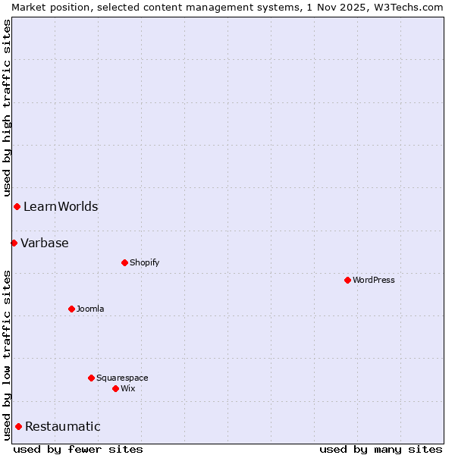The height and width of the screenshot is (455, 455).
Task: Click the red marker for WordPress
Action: click(x=347, y=280)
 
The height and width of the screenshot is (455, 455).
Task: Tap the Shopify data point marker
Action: click(x=124, y=262)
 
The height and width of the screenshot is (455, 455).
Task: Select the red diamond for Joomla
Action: click(x=71, y=309)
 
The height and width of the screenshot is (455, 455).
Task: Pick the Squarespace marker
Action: click(x=91, y=378)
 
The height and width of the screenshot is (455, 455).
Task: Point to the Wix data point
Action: click(x=115, y=388)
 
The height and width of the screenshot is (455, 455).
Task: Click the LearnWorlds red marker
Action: click(x=17, y=206)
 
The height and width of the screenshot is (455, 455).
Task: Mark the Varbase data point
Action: click(x=14, y=243)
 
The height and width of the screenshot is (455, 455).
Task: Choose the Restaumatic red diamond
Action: click(x=18, y=426)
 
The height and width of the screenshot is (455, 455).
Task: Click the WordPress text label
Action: click(x=374, y=280)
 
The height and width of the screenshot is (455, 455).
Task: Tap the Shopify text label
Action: click(x=145, y=262)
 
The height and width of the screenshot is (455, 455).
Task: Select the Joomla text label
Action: click(x=90, y=309)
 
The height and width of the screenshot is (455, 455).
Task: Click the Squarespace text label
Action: click(x=122, y=378)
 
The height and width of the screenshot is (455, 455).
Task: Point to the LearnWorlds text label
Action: click(x=61, y=206)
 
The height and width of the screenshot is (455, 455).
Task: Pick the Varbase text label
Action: click(x=45, y=243)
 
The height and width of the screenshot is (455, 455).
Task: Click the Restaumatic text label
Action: click(x=63, y=426)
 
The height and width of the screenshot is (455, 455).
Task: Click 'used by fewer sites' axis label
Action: click(x=78, y=449)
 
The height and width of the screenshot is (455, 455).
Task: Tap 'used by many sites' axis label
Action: click(x=381, y=449)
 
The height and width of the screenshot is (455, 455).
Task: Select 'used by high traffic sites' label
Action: click(x=7, y=108)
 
